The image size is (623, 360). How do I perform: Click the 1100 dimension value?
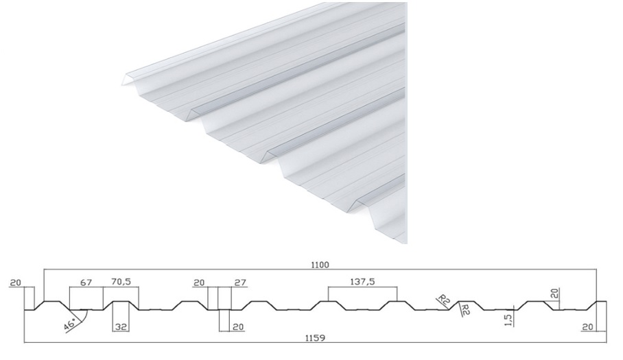(320, 265)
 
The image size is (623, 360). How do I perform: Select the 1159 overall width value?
(315, 338)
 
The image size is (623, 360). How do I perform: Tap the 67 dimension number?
(86, 283)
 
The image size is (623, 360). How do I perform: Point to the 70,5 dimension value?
(121, 282)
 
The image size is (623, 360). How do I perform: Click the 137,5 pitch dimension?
(362, 282)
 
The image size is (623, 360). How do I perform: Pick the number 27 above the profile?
(241, 283)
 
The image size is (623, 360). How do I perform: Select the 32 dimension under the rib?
(121, 327)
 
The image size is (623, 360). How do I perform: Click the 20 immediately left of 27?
(199, 283)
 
